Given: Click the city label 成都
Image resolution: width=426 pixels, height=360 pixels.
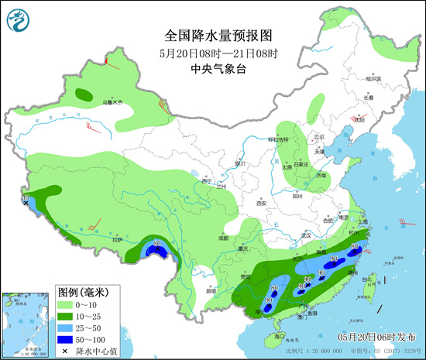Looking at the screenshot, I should pyautogui.click(x=223, y=238).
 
